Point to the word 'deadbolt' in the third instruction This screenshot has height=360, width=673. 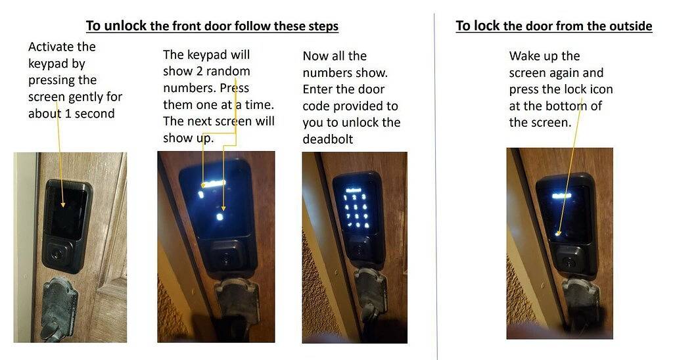[328, 139]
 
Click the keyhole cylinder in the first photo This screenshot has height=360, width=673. [57, 253]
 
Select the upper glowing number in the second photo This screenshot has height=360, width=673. [201, 194]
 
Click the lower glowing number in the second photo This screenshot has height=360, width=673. [220, 217]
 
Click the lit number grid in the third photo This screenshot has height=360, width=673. [356, 210]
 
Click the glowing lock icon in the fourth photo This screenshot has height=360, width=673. [557, 234]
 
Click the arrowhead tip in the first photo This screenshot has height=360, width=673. [63, 207]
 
